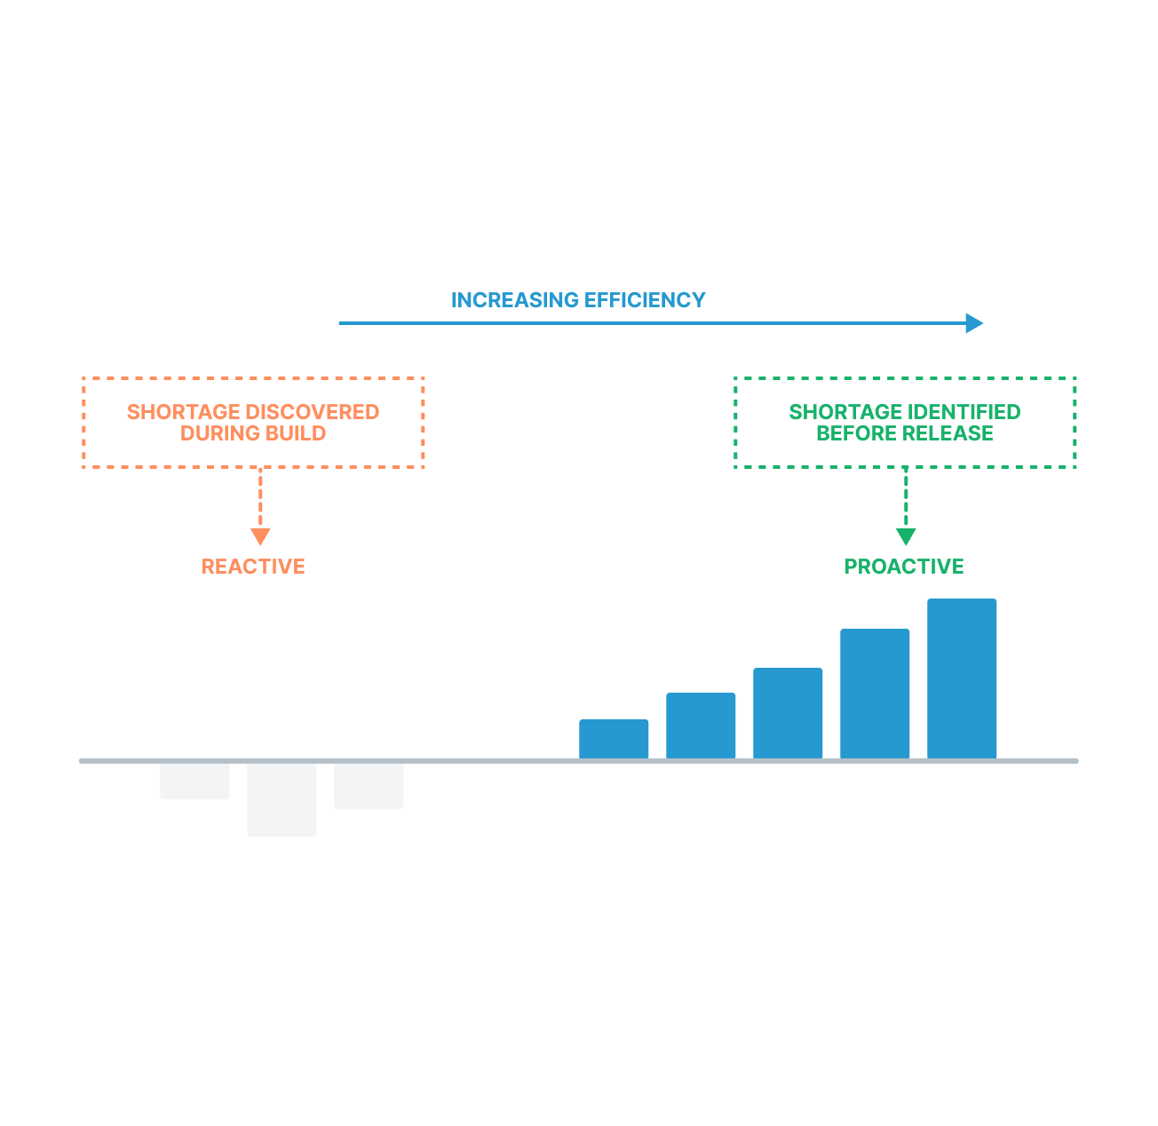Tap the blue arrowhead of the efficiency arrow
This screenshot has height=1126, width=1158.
(974, 323)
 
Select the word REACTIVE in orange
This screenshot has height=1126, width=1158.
(253, 567)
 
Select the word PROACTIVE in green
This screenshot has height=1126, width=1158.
(904, 567)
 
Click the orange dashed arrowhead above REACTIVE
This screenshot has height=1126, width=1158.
(260, 536)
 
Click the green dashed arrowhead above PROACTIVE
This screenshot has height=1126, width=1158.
(906, 536)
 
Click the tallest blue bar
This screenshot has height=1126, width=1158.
(962, 678)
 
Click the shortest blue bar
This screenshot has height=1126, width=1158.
(614, 739)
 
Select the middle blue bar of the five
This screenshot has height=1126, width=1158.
(788, 713)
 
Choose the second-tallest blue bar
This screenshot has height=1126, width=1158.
(875, 694)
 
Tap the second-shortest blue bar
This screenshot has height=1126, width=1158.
(701, 726)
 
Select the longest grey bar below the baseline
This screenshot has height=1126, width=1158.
(282, 799)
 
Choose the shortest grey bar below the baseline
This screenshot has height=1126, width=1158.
(194, 781)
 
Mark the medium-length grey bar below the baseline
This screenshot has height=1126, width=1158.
(369, 786)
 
